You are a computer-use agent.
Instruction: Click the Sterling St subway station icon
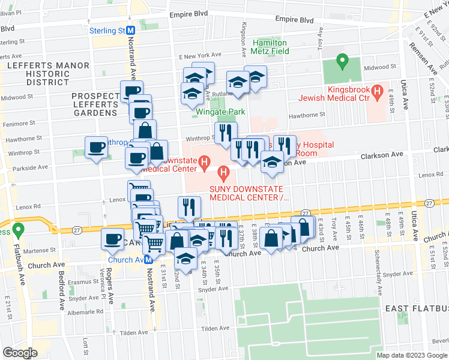130,30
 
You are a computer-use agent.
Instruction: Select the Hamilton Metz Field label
271,47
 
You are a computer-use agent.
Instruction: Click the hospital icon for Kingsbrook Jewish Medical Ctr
378,92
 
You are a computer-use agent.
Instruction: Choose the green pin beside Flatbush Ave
19,229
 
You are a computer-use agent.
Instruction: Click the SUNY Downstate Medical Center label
249,193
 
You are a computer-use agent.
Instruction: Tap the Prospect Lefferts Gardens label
94,104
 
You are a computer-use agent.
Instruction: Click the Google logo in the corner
20,352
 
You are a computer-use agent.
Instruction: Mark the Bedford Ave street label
61,289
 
